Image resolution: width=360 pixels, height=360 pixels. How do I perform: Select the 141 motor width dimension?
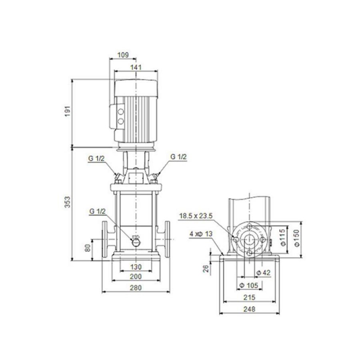[136, 67]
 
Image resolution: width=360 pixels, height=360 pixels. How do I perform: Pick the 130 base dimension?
[136, 267]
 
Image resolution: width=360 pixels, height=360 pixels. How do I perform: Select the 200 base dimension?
[136, 276]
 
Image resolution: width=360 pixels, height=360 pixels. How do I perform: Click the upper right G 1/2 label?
[179, 157]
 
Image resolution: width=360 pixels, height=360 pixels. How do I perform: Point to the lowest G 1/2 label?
[96, 211]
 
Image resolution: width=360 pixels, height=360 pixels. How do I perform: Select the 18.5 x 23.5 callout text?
[196, 216]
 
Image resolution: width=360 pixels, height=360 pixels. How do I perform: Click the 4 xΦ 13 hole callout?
[200, 233]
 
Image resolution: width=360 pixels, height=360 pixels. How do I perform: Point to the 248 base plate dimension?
[250, 309]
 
